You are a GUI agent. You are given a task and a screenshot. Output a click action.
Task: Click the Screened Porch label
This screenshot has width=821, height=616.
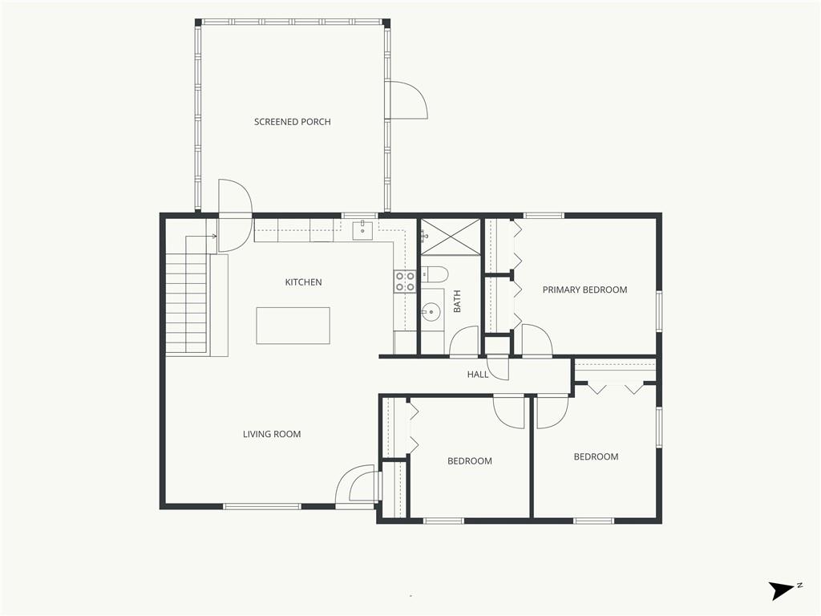[x=292, y=122]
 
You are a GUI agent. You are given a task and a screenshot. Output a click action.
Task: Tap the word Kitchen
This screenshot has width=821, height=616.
[x=303, y=282]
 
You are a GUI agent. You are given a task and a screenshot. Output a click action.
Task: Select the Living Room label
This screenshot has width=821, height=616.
[x=272, y=434]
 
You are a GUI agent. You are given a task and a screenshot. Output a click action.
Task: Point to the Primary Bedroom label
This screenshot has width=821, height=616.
[x=584, y=290]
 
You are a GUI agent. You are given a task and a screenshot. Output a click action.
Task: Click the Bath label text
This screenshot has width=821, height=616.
[x=457, y=302]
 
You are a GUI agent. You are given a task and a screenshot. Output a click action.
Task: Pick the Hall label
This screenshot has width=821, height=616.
[x=478, y=375]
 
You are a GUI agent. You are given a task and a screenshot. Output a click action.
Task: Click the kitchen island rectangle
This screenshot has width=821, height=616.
[x=293, y=326]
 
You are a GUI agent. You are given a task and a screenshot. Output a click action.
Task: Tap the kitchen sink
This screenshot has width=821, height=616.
[x=362, y=230]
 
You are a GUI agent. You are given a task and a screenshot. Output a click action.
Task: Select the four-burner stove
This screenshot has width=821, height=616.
[x=405, y=282]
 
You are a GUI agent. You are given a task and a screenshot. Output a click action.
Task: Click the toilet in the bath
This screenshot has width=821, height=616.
[x=435, y=274]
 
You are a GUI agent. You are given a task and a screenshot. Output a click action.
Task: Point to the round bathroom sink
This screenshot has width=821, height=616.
[x=431, y=312]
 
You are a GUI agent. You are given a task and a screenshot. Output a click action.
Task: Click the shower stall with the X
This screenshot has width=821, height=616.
[x=451, y=237]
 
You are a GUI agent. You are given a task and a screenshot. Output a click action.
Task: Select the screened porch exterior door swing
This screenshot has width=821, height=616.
[x=408, y=100]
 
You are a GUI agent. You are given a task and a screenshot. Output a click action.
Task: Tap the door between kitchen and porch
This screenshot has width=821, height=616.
[x=235, y=215]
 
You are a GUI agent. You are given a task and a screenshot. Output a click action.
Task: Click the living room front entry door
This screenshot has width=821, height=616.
[x=357, y=485]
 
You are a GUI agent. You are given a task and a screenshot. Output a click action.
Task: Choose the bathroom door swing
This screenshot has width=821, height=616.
[x=464, y=341]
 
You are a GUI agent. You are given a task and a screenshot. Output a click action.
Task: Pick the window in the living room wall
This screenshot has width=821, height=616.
[x=262, y=506]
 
